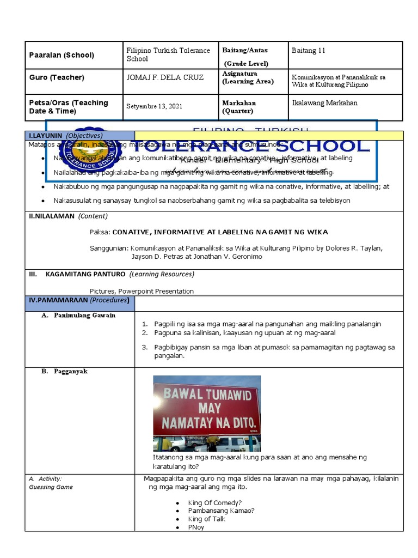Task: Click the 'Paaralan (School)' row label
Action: pos(61,55)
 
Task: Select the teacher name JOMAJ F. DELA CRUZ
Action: pos(164,77)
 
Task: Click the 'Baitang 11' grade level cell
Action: pos(309,51)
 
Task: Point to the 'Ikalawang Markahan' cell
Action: pos(324,102)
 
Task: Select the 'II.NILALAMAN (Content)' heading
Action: pos(68,216)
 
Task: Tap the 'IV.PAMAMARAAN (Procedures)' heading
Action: pos(79,300)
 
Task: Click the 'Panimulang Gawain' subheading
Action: pos(84,315)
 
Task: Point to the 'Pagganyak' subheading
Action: pos(71,371)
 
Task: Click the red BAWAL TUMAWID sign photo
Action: pos(207,413)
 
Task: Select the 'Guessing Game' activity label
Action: pos(51,487)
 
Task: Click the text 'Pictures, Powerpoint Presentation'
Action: pos(142,291)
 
